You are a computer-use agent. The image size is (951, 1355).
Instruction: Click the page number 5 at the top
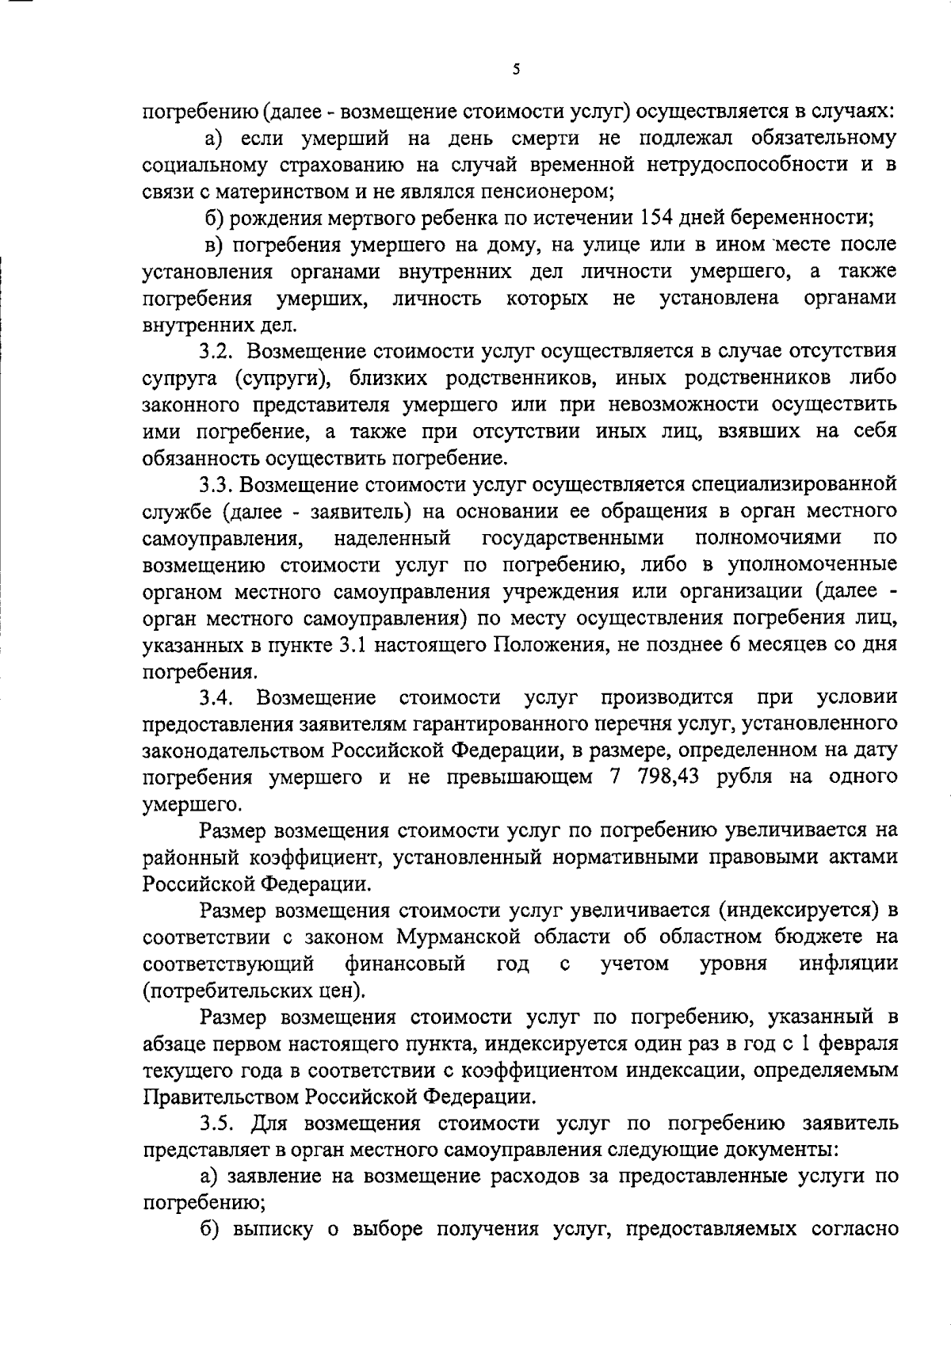click(x=516, y=70)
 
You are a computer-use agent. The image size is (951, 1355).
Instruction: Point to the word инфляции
click(x=848, y=964)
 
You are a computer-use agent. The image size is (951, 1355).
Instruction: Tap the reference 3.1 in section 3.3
click(x=352, y=645)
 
